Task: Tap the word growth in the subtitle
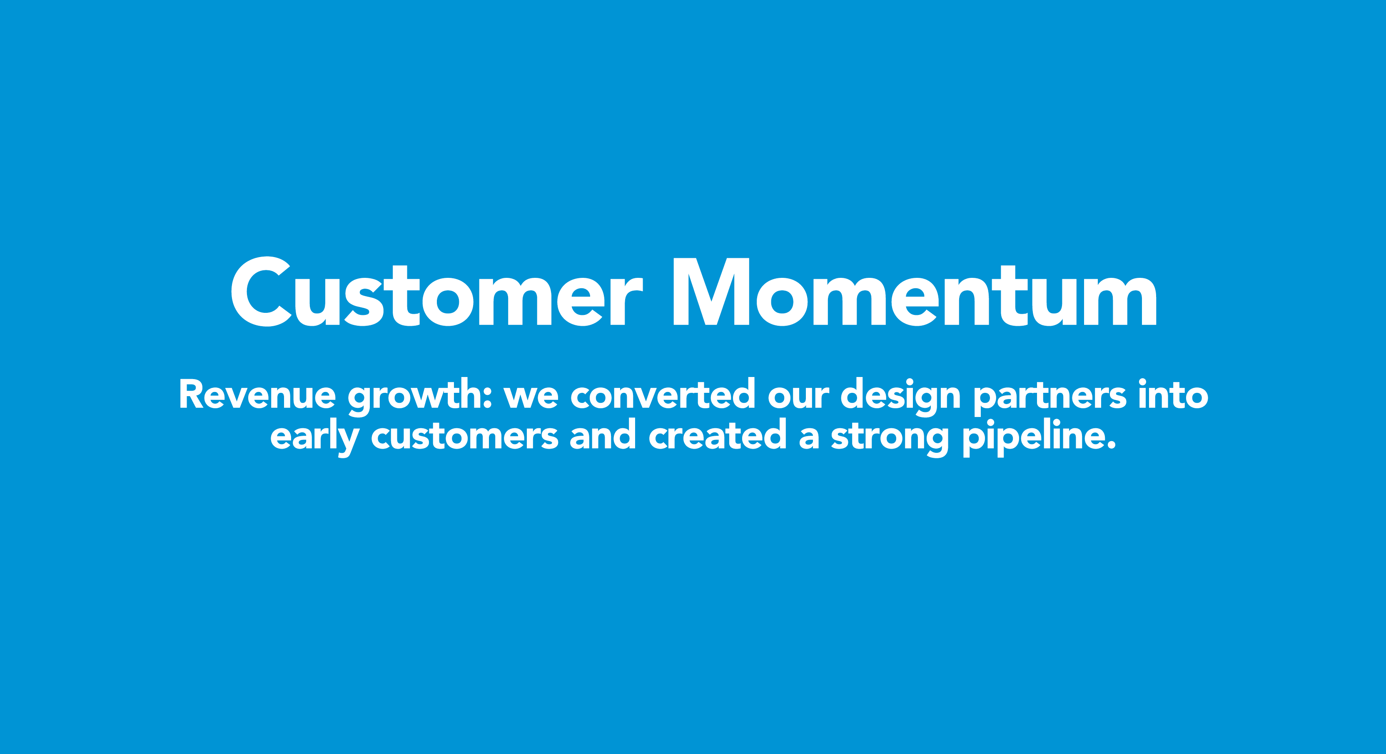(x=415, y=397)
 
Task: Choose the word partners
(x=1050, y=397)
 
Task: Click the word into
(x=1174, y=394)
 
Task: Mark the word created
(x=718, y=435)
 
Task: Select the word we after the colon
(x=531, y=399)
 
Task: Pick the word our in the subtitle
(x=798, y=399)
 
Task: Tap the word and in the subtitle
(x=603, y=435)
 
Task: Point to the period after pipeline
(x=1112, y=446)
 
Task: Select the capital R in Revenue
(x=191, y=395)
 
